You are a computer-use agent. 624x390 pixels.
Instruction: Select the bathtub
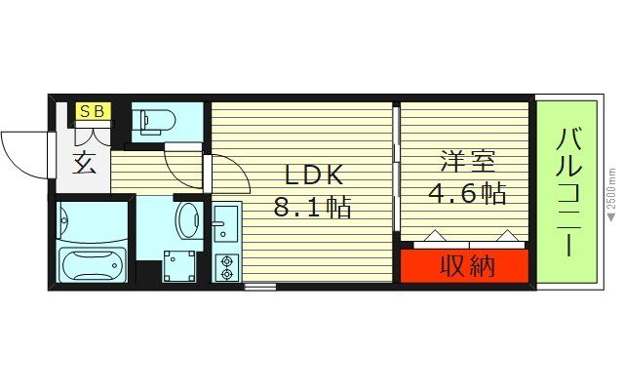point(94,263)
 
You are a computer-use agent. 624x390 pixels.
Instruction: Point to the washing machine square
point(178,263)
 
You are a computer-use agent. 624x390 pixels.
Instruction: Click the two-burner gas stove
point(227,266)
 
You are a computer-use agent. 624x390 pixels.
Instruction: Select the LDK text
point(314,175)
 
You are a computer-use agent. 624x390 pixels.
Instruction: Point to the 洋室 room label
point(464,160)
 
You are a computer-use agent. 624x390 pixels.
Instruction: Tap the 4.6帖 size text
point(466,192)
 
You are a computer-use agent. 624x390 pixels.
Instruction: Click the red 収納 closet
point(464,265)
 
